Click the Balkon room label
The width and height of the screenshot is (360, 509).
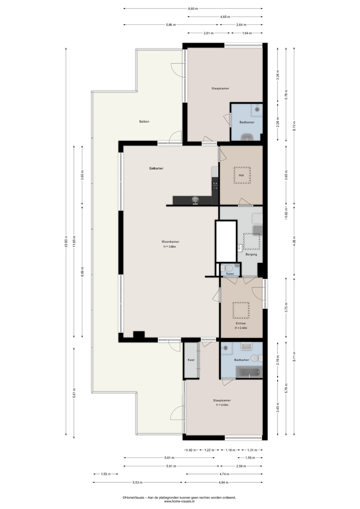pyautogui.click(x=144, y=122)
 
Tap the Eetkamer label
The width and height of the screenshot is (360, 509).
pyautogui.click(x=156, y=168)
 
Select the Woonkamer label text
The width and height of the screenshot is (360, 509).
pyautogui.click(x=170, y=242)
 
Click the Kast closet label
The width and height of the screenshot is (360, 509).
pyautogui.click(x=191, y=360)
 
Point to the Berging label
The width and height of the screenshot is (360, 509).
pyautogui.click(x=251, y=254)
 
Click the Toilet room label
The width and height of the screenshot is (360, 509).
pyautogui.click(x=230, y=274)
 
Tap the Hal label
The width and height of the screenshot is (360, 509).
pyautogui.click(x=241, y=175)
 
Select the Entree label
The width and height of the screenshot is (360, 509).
pyautogui.click(x=241, y=323)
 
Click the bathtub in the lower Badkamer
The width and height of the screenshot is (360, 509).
pyautogui.click(x=249, y=372)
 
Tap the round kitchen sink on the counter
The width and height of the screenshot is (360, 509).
pyautogui.click(x=195, y=200)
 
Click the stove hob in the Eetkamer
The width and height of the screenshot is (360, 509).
pyautogui.click(x=215, y=185)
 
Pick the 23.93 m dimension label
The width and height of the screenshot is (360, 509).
pyautogui.click(x=66, y=242)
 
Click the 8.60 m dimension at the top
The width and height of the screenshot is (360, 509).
pyautogui.click(x=193, y=9)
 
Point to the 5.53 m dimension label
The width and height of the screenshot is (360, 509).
pyautogui.click(x=138, y=482)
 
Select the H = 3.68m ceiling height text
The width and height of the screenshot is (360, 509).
pyautogui.click(x=170, y=247)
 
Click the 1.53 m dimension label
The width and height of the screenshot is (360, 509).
pyautogui.click(x=106, y=474)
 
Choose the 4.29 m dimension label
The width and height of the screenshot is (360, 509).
pyautogui.click(x=294, y=242)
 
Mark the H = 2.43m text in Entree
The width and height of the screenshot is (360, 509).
pyautogui.click(x=241, y=328)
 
